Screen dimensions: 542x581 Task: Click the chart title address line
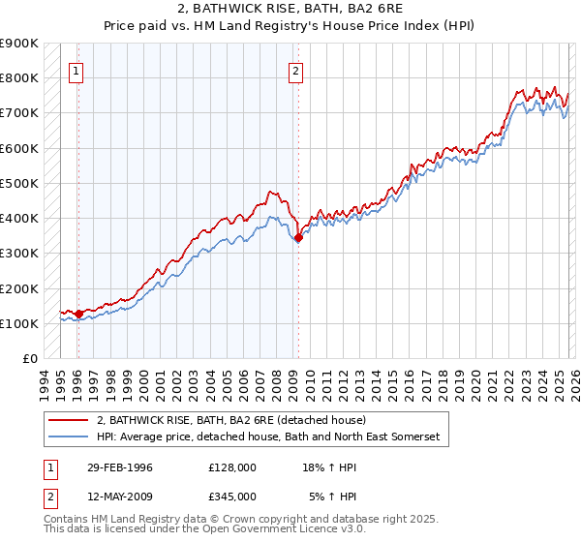coord(290,8)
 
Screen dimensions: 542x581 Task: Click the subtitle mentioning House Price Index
coord(290,24)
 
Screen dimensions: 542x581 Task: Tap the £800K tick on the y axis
coord(19,78)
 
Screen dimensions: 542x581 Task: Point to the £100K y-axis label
coord(19,324)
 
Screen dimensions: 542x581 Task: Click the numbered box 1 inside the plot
coord(76,71)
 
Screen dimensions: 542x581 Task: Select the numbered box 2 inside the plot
coord(294,71)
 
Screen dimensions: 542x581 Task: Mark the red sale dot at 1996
coord(78,314)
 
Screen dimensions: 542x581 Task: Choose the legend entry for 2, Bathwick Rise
coord(230,421)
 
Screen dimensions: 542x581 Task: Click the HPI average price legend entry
coord(267,437)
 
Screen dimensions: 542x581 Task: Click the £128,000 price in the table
coord(232,467)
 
